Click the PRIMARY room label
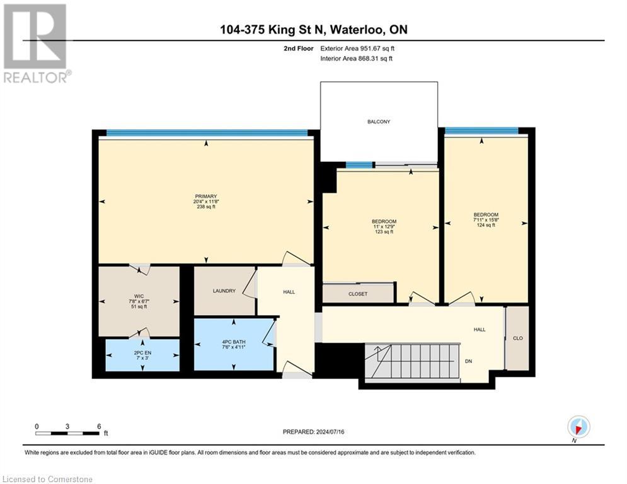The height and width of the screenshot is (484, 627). [x=206, y=196]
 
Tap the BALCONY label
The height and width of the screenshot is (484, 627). [x=379, y=122]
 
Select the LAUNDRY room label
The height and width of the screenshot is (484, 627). [x=224, y=291]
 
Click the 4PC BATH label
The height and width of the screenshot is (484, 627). [x=234, y=342]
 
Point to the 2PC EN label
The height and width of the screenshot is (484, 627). [x=142, y=352]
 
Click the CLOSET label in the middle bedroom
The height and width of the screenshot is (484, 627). [x=358, y=294]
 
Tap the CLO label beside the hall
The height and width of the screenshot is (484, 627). [x=517, y=338]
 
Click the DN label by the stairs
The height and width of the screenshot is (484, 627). [x=469, y=361]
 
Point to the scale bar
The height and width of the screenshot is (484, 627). [x=67, y=433]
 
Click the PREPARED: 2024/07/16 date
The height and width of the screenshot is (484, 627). [x=318, y=432]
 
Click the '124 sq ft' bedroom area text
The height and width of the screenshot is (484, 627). [x=485, y=225]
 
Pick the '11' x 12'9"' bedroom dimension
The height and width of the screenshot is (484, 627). [x=384, y=226]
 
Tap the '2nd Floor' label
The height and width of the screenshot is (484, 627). [x=298, y=48]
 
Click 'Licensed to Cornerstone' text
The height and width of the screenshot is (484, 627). [x=47, y=479]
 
